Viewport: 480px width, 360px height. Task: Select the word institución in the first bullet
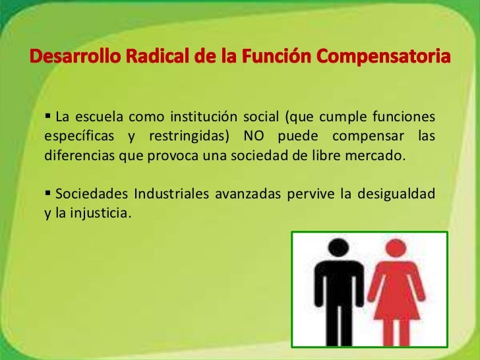[200, 119]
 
